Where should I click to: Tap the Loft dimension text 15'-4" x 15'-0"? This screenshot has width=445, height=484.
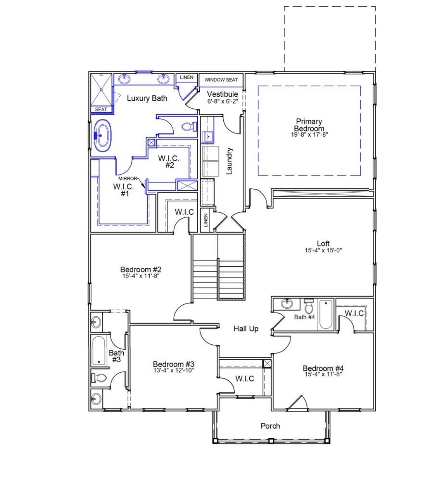pos(323,250)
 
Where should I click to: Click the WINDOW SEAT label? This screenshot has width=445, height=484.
pos(221,79)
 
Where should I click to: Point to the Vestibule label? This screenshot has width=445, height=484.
pos(222,94)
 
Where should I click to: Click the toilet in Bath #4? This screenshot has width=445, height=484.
pos(308,307)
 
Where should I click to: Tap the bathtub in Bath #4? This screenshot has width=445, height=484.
pos(326,314)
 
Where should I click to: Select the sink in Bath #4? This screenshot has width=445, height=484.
pos(287,304)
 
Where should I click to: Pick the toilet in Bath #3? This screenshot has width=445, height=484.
pos(99,378)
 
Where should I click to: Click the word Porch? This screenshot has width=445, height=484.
pos(270,426)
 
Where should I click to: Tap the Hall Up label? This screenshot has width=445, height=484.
pos(246,329)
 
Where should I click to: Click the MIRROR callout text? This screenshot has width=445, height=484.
pos(128,178)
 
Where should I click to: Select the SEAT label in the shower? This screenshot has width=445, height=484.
pos(101,109)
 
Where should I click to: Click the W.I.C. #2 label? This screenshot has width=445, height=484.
pos(169,161)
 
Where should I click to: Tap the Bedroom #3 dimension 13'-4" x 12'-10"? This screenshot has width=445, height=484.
pos(173,370)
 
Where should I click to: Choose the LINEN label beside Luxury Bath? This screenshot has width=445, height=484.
pos(186,78)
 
